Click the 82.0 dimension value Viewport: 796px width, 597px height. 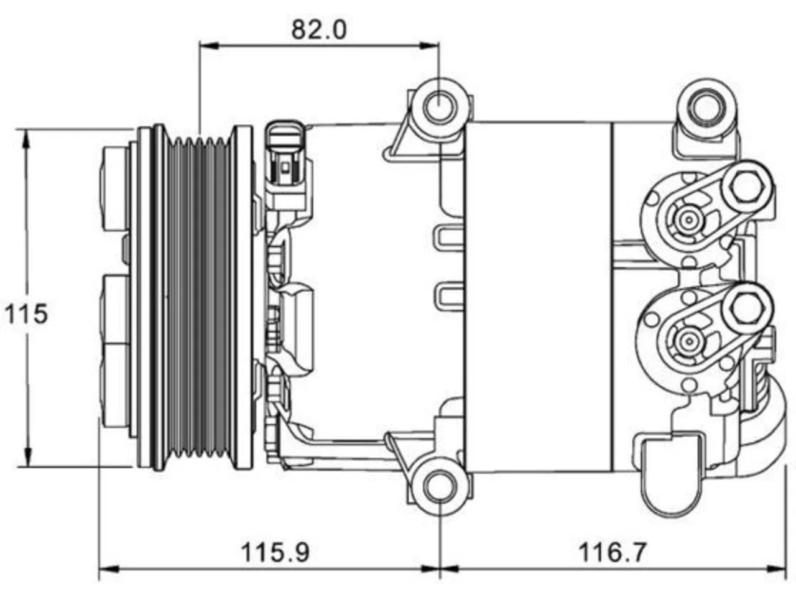point(319,30)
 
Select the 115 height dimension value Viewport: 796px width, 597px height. point(25,313)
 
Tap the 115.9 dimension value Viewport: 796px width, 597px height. point(275,552)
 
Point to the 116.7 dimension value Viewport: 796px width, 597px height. point(613,552)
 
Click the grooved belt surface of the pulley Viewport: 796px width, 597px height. point(199,298)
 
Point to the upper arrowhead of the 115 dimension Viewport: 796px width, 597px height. point(26,139)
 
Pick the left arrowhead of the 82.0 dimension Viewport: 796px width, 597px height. point(210,45)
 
